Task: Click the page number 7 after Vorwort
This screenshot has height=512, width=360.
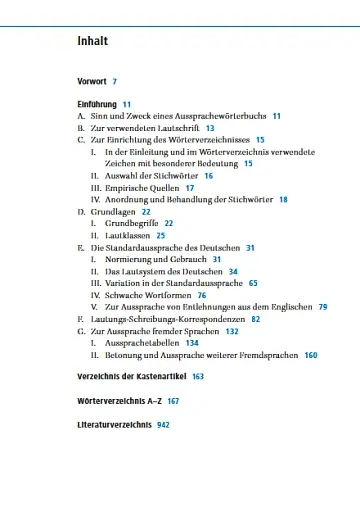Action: (x=115, y=80)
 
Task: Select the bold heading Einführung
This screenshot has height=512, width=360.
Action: (x=97, y=104)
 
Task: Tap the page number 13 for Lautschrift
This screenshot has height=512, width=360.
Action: (x=210, y=129)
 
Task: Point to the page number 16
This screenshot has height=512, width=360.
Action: (x=209, y=175)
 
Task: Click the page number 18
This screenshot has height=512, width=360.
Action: (x=283, y=199)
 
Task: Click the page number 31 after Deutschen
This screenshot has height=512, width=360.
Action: (x=250, y=247)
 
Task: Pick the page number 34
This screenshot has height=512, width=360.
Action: (x=233, y=271)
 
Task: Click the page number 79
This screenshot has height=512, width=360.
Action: (x=323, y=307)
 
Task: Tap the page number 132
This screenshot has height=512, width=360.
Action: (x=232, y=331)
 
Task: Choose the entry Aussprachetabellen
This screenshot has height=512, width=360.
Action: (x=141, y=343)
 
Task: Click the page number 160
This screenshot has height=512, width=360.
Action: (x=310, y=355)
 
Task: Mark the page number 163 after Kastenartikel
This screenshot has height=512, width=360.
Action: (x=198, y=376)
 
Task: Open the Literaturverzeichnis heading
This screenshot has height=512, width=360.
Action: (x=113, y=424)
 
